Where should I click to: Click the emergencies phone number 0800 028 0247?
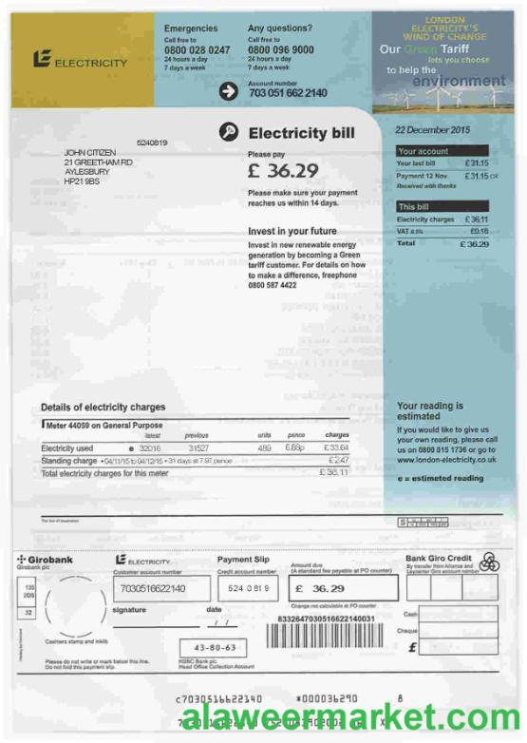[x=197, y=49]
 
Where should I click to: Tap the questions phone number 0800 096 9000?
[x=280, y=49]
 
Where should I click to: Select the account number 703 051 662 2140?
[x=288, y=93]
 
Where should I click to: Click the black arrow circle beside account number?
[x=228, y=91]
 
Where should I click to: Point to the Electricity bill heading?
[x=301, y=133]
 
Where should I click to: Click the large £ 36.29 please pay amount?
[x=283, y=171]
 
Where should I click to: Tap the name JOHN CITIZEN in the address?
[x=89, y=152]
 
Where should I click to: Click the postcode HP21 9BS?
[x=82, y=181]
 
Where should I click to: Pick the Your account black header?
[x=442, y=151]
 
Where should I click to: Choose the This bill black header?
[x=442, y=206]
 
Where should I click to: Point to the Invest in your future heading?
[x=292, y=232]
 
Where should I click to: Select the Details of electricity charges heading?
[x=103, y=408]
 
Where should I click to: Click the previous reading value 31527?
[x=198, y=448]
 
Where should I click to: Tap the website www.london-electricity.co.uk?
[x=446, y=460]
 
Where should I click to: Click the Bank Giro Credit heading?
[x=439, y=558]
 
